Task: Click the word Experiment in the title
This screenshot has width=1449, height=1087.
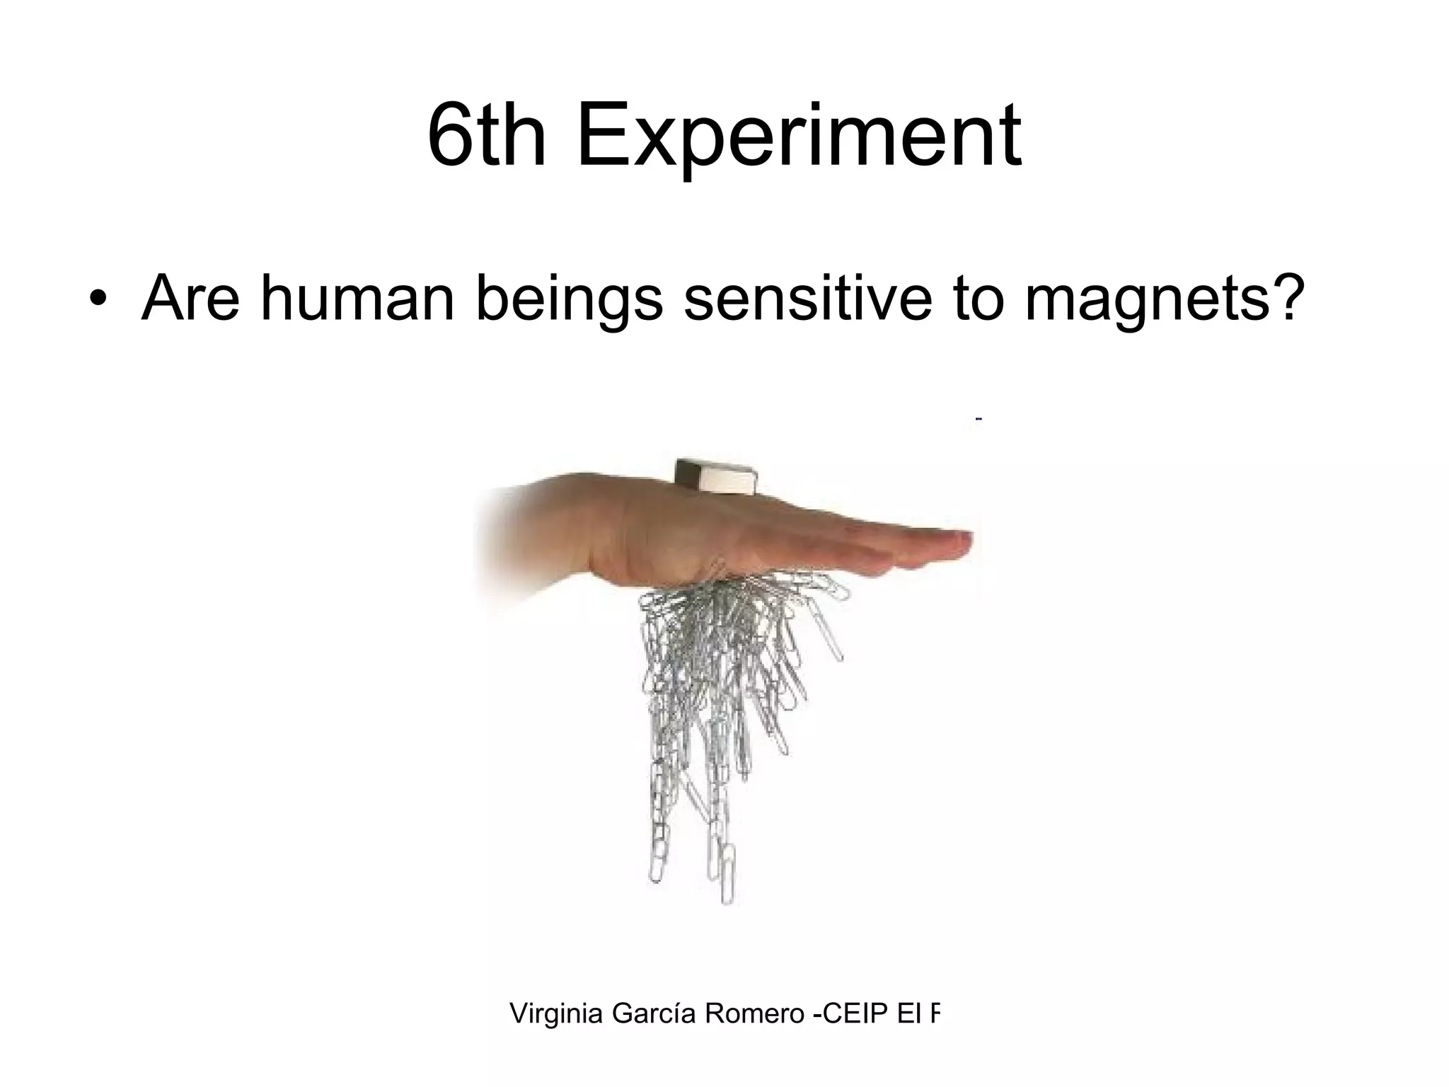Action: [x=799, y=136]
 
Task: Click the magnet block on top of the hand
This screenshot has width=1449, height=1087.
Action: [x=716, y=476]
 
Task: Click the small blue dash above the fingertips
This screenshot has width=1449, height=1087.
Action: [x=978, y=420]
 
